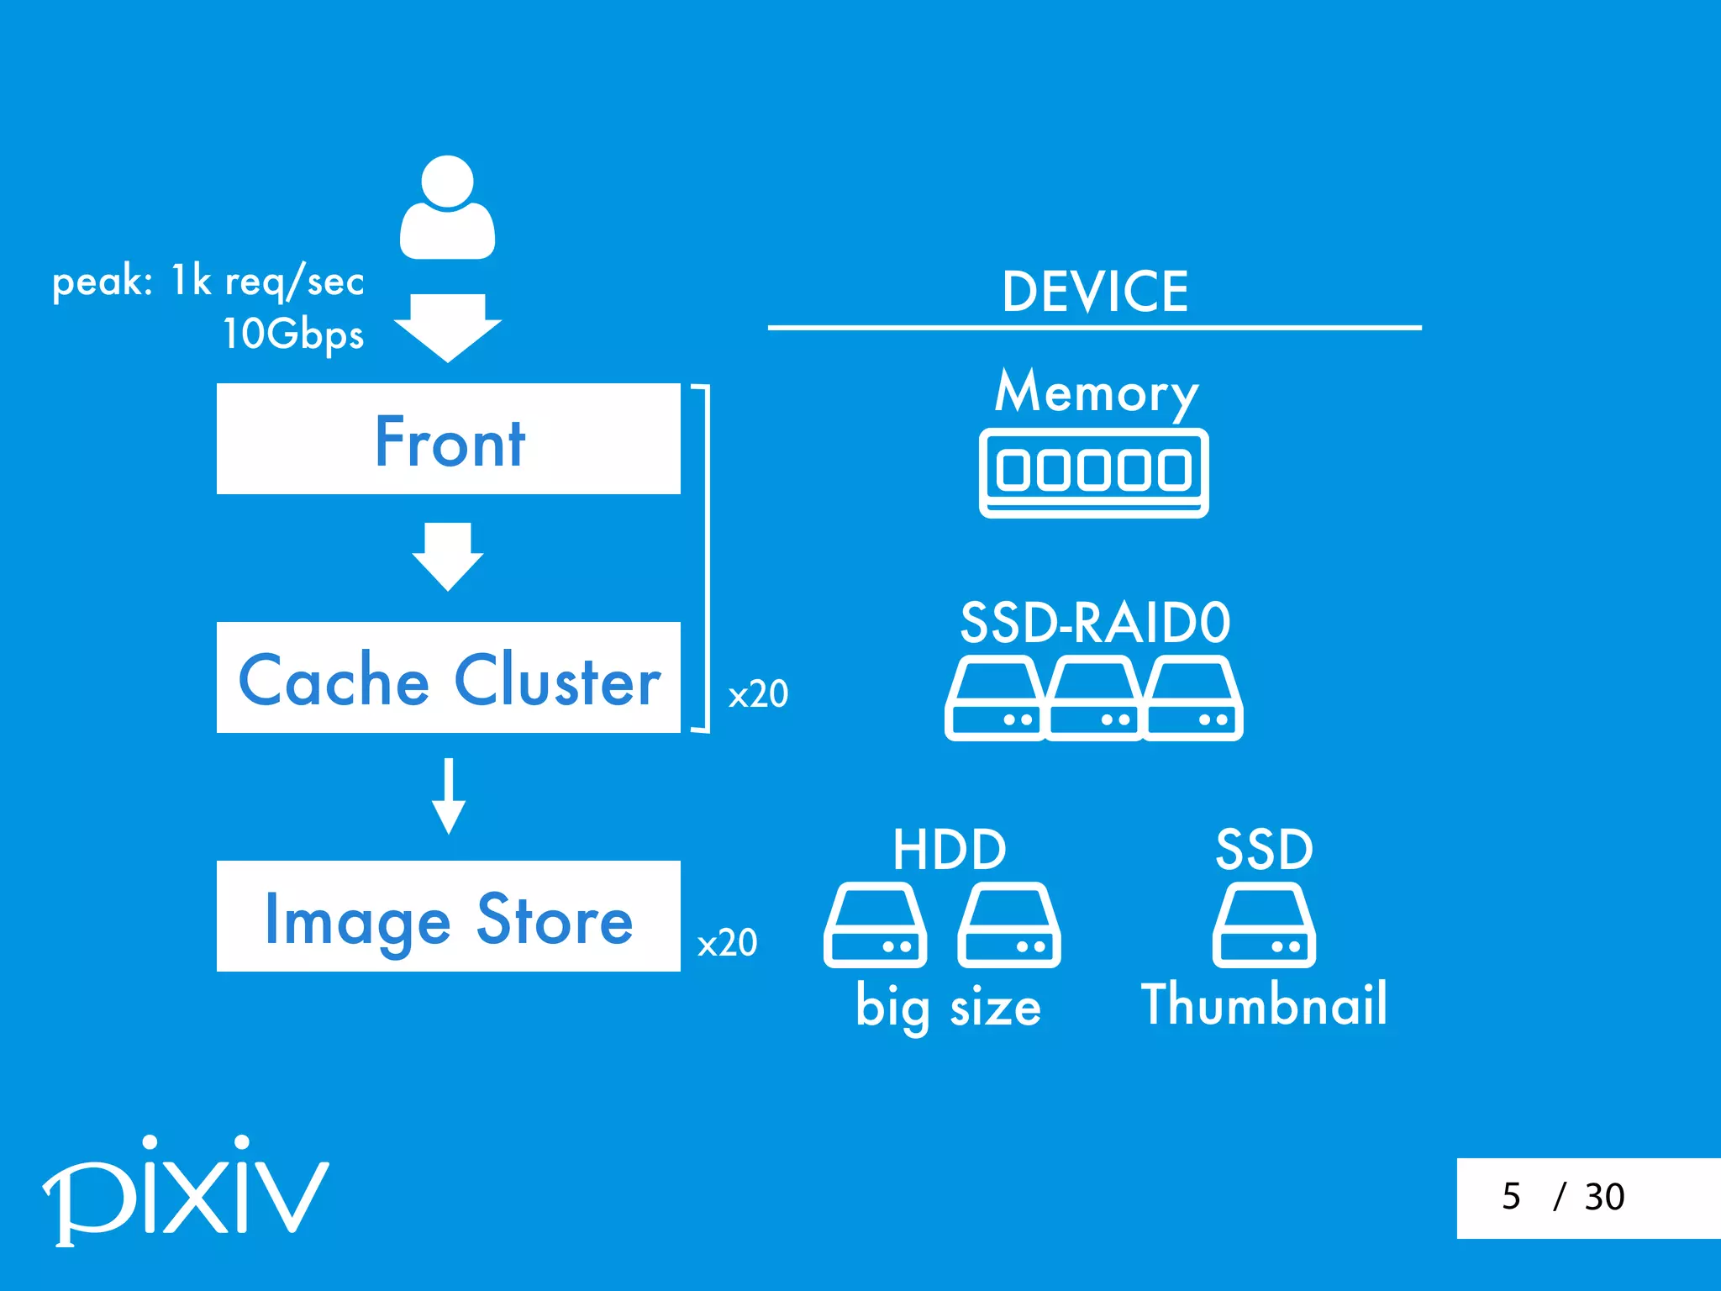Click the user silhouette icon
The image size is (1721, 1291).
(447, 208)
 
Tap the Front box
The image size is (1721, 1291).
(448, 439)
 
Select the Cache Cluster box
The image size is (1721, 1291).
(448, 677)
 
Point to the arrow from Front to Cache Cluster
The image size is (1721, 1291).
(448, 556)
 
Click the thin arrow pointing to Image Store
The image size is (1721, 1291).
(449, 795)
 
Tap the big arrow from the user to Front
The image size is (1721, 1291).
(448, 327)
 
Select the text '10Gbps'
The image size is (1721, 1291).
(293, 334)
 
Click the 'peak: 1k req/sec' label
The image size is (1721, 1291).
(208, 281)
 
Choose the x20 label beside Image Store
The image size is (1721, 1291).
(727, 943)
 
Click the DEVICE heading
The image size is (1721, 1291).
(1095, 292)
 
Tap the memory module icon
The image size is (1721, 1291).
(1093, 472)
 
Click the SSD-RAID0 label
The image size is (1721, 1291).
(1095, 623)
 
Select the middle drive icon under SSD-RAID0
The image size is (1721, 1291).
(1094, 698)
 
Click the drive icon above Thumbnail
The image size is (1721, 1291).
(1264, 925)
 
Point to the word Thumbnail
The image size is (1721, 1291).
(1264, 1004)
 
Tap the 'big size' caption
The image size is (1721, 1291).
(948, 1007)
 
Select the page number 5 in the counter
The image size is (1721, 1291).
(1511, 1196)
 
